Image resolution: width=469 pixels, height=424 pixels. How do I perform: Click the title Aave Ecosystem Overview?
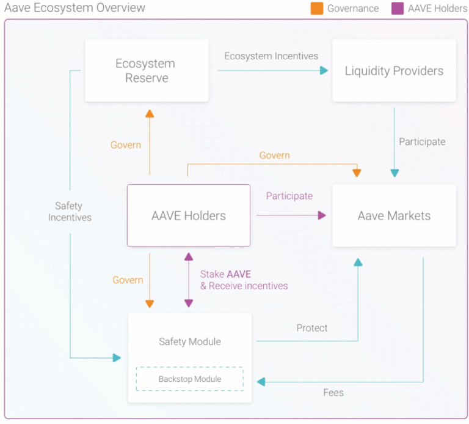75,8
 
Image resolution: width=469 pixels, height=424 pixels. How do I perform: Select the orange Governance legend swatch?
317,9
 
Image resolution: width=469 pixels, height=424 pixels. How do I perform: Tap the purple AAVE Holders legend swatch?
398,9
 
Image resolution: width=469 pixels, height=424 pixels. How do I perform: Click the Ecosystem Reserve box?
147,71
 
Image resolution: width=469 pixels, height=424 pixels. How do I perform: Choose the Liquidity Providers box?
394,71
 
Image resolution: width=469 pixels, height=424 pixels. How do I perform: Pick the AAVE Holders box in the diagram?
188,215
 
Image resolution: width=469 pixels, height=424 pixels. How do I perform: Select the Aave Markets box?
394,215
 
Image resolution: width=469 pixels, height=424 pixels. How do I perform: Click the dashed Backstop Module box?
189,379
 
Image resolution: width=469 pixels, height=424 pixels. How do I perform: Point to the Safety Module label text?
189,341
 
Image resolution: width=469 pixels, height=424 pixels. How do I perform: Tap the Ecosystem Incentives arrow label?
271,56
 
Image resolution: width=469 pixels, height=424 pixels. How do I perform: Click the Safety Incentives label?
70,212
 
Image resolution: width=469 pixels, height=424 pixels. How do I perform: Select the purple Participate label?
289,196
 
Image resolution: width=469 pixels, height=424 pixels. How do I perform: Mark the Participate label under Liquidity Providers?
422,141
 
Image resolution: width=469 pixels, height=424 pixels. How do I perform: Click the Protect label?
311,328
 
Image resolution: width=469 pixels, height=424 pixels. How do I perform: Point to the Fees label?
333,392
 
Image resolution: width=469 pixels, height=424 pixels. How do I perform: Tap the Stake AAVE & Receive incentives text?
243,280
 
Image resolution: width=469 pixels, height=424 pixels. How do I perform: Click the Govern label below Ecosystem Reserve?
125,145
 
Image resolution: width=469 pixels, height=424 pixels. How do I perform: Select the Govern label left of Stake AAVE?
128,280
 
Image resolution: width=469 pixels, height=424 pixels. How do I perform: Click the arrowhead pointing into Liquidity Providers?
324,70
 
